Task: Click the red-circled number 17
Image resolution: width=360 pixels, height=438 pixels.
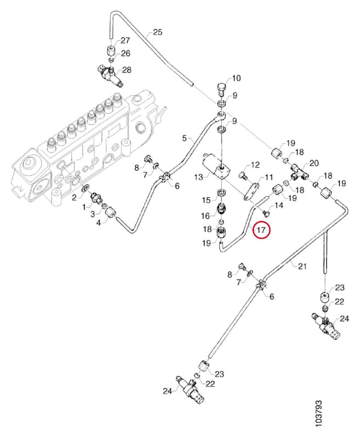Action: point(261,230)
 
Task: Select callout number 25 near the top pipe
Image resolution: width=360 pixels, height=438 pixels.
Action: point(158,32)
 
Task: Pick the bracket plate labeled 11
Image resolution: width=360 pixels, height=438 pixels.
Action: point(252,191)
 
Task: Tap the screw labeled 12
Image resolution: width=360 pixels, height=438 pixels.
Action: point(243,175)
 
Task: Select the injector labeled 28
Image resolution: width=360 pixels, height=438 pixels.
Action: point(109,76)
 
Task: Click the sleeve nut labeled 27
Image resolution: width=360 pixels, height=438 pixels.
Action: point(112,51)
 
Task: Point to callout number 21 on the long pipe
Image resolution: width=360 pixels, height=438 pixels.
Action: point(302,267)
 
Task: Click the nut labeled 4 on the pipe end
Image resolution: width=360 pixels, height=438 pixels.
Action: point(110,212)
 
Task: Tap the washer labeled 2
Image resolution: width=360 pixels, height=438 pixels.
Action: point(84,189)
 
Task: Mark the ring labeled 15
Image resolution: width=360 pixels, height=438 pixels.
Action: point(222,193)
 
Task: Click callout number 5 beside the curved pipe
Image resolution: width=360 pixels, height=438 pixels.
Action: point(184,138)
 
